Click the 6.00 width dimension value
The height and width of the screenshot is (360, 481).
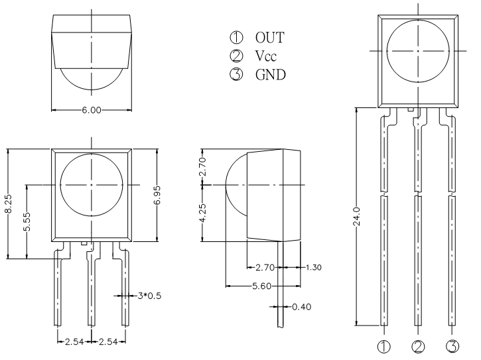[x=92, y=110]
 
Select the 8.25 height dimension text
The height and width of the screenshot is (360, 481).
[x=8, y=204]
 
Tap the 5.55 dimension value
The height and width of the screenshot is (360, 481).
[x=27, y=221]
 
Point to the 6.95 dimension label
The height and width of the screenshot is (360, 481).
[x=157, y=195]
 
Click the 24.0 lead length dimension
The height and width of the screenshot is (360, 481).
[x=356, y=217]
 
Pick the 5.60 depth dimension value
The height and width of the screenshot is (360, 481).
[x=261, y=286]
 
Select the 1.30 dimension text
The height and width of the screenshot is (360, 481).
[x=314, y=267]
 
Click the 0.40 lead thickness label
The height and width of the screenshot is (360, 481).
[x=302, y=307]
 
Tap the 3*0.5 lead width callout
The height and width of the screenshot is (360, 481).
[x=149, y=296]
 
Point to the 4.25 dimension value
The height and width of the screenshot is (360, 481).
[x=202, y=213]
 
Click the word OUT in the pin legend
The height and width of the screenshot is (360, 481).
[x=269, y=37]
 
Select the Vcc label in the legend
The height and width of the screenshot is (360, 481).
[x=265, y=56]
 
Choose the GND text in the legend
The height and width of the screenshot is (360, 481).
[x=270, y=74]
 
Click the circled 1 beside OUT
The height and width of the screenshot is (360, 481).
[x=236, y=37]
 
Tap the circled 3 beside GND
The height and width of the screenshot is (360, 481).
[x=236, y=74]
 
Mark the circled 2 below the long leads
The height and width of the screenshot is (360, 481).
[x=418, y=347]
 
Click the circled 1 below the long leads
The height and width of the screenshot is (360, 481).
[x=383, y=347]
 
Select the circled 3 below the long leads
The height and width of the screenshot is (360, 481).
[x=452, y=347]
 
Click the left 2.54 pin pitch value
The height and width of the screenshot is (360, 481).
[x=74, y=341]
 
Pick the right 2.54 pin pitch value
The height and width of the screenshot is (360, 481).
[x=108, y=341]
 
